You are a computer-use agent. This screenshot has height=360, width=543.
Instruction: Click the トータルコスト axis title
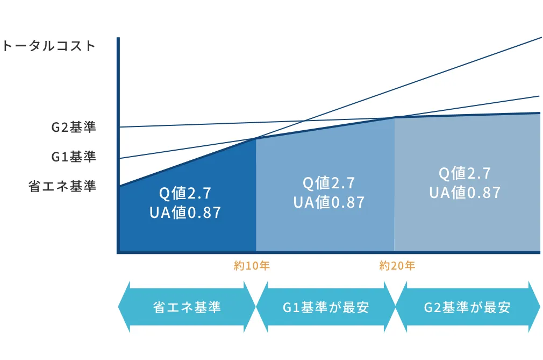[x=48, y=46]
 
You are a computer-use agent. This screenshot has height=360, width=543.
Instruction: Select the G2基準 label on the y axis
[x=74, y=127]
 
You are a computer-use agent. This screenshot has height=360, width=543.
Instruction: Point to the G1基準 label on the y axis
[x=74, y=157]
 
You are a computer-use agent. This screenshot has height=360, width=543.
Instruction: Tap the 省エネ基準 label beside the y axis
[x=62, y=186]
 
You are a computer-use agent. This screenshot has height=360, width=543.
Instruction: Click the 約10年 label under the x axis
[x=252, y=266]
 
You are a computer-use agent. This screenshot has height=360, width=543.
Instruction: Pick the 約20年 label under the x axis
[x=397, y=266]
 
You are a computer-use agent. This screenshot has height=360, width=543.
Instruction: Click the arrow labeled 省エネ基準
[x=187, y=307]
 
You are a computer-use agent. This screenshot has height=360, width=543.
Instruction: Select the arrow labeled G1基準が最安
[x=325, y=307]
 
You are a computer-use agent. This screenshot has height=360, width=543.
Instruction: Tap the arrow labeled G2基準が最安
[x=468, y=307]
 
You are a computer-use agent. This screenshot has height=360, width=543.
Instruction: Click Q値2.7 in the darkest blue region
[x=185, y=193]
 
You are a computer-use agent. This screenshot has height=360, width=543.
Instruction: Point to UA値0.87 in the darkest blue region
[x=185, y=213]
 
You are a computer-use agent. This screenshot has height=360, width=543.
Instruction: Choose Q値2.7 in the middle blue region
[x=328, y=183]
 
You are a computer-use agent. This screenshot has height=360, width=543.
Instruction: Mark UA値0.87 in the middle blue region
[x=328, y=202]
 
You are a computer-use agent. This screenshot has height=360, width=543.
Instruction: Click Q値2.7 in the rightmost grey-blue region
[x=465, y=173]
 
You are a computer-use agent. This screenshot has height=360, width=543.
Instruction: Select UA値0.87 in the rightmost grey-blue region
[x=465, y=193]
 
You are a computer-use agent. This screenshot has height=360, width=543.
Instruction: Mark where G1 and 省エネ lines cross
[x=255, y=139]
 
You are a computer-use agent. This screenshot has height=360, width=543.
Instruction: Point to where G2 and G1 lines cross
[x=394, y=117]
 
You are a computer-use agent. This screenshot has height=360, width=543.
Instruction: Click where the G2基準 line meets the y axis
[x=119, y=127]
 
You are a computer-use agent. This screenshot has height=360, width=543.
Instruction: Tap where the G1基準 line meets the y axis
[x=119, y=158]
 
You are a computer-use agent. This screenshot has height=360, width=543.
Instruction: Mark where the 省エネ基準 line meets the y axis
[x=119, y=186]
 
